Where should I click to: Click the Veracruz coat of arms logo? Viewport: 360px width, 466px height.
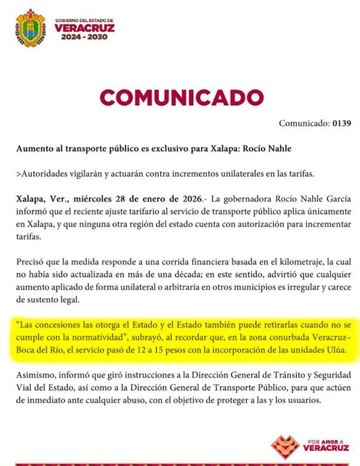point(30,28)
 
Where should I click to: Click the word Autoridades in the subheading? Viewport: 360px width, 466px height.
point(46,174)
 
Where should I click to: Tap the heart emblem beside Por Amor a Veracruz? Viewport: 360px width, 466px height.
point(285,445)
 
